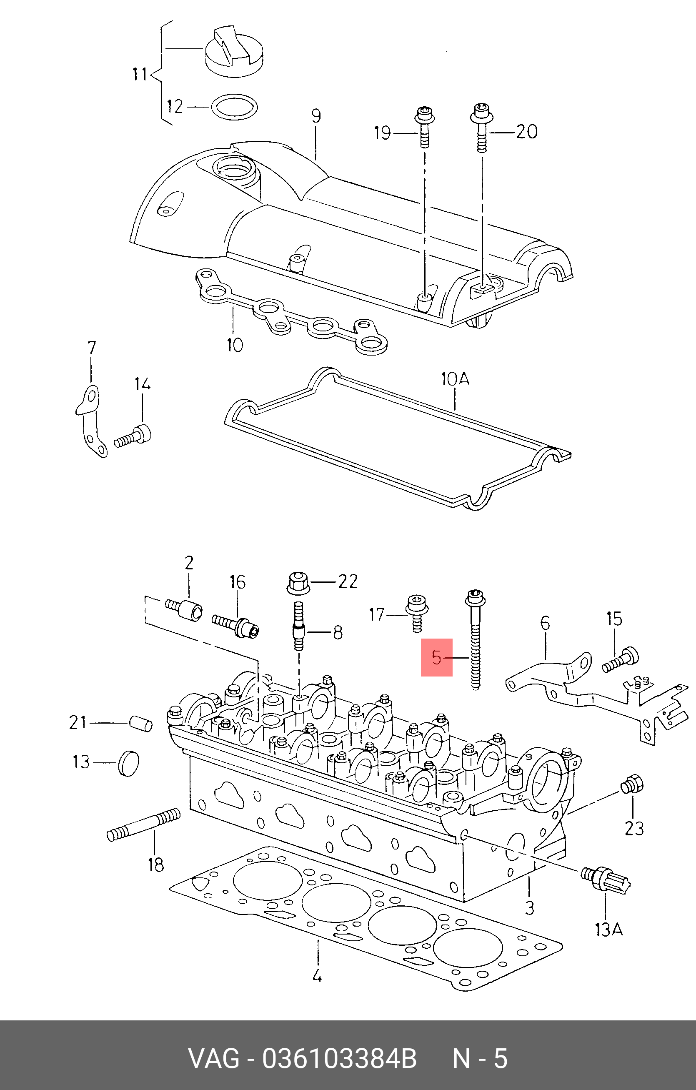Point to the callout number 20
[x=526, y=132]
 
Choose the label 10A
[x=455, y=379]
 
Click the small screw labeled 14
[x=133, y=437]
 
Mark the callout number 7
[x=91, y=348]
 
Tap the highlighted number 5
[x=436, y=657]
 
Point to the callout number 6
[x=545, y=624]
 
